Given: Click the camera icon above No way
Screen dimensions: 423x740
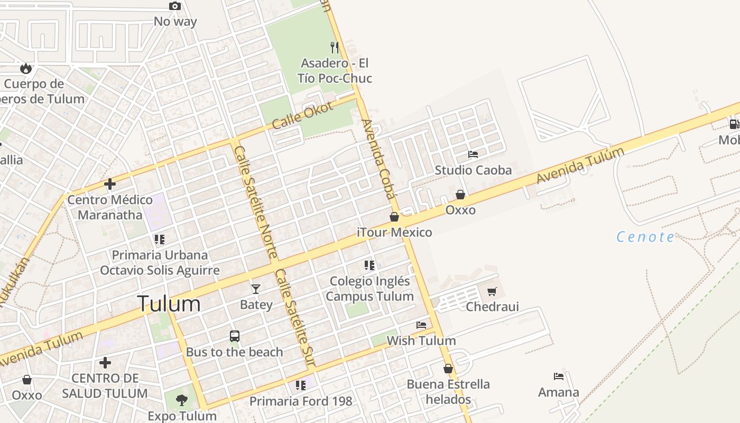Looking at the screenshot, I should click(175, 6).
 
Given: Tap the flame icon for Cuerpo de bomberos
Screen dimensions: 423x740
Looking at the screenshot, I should click(26, 68).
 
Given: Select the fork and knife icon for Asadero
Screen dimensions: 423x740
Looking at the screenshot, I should click(335, 48).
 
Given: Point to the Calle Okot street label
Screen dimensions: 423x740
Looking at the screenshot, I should click(303, 115).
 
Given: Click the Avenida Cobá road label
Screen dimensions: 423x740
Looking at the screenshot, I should click(378, 159).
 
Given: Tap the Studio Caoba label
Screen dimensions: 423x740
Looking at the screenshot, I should click(473, 170).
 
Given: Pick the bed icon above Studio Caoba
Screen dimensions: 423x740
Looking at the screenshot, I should click(473, 154).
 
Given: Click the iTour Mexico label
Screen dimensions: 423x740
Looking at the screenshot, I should click(394, 232).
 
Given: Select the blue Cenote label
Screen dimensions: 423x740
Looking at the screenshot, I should click(645, 237).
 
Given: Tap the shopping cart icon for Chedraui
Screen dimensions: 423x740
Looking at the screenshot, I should click(492, 291).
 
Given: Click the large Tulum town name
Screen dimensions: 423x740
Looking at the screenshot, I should click(169, 304).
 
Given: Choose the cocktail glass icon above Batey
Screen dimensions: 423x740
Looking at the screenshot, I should click(256, 289).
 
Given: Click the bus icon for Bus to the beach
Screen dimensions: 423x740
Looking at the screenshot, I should click(235, 336).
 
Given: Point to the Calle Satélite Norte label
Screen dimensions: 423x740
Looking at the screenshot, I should click(256, 202).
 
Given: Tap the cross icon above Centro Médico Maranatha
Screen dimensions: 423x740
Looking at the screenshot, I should click(110, 184).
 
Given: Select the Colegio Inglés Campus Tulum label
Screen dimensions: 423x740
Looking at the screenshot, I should click(369, 289).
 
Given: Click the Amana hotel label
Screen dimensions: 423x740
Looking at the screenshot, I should click(559, 392).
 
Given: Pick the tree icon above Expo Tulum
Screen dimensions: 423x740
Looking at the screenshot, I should click(182, 400).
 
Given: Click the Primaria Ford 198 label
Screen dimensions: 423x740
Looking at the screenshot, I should click(301, 401).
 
